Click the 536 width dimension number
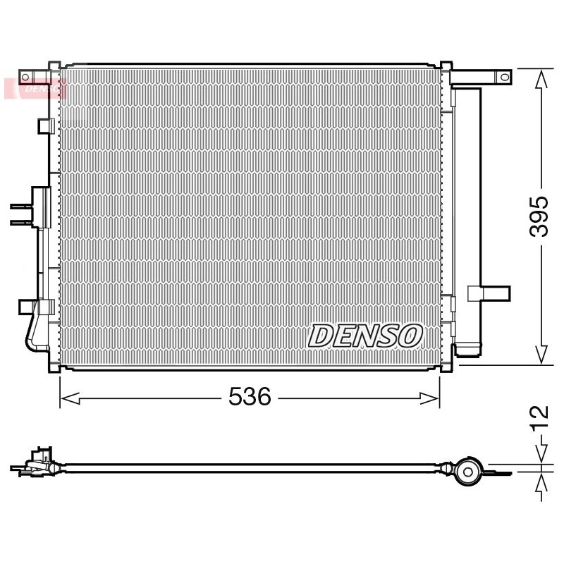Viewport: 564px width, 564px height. pos(250,397)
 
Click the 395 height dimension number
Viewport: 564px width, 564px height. pos(539,216)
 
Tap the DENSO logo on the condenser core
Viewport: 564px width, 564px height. pos(365,336)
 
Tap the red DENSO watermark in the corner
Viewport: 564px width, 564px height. pos(35,88)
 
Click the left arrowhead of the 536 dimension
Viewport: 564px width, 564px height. pos(70,398)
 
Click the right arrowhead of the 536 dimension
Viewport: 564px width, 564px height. pos(430,398)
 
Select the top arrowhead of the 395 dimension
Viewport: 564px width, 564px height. pos(541,79)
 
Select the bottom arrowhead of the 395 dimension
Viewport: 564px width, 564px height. pos(541,355)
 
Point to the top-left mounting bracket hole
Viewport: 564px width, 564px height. pos(25,77)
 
